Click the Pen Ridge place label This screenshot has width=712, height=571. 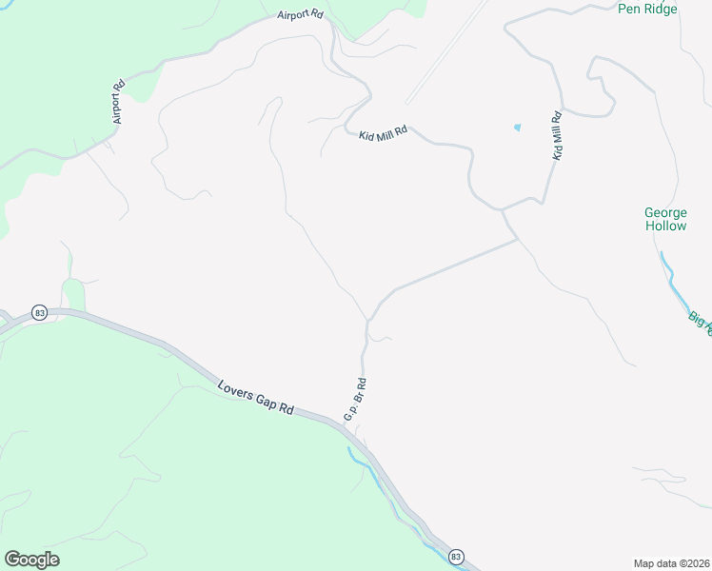pos(647,9)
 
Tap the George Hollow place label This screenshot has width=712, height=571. pos(665,219)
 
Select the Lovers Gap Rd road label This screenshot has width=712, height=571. pos(255,398)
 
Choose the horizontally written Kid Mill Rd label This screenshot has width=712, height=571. pos(383,134)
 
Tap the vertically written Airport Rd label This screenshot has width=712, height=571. pos(118,102)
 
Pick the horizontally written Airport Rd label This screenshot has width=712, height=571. pos(302,15)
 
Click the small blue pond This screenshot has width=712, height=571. pos(518,127)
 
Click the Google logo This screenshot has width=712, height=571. pos(31,560)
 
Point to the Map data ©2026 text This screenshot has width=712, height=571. pos(672,563)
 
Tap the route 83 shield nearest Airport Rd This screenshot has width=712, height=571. pos(39,313)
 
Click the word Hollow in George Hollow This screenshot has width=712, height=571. pos(665,226)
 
